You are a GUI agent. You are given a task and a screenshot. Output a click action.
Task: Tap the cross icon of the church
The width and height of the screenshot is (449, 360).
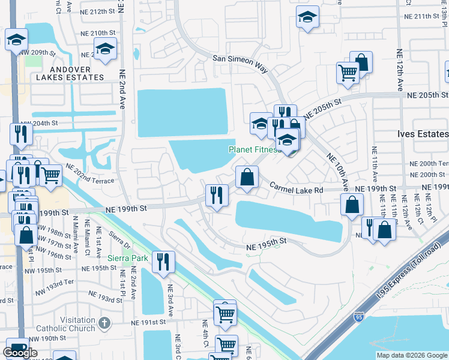[105, 323]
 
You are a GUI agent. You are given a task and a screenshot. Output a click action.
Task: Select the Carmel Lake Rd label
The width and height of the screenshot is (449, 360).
[296, 188]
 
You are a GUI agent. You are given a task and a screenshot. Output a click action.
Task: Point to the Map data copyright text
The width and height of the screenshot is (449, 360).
[412, 355]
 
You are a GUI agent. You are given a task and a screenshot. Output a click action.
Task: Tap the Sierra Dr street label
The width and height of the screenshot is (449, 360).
[118, 238]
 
